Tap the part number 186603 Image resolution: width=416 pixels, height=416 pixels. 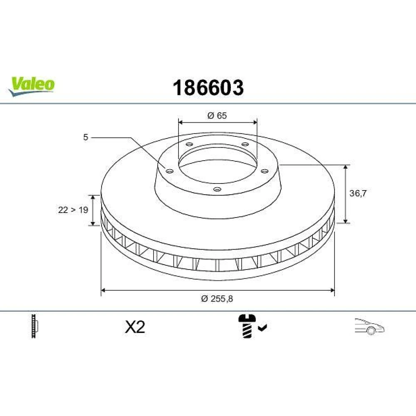pos(208,88)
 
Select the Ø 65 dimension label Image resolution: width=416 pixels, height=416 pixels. pos(217,116)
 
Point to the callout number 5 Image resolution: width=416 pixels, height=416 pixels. pos(85,137)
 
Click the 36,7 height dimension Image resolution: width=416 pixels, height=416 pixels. pos(358,193)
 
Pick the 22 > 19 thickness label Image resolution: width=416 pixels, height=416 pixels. pos(73,210)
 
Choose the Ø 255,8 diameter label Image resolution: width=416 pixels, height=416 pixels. pos(217,299)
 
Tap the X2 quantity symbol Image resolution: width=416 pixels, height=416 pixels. pos(135,327)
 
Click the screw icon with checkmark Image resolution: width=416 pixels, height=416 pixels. pos(252,326)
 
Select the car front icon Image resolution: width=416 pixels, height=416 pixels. pos(369,326)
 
